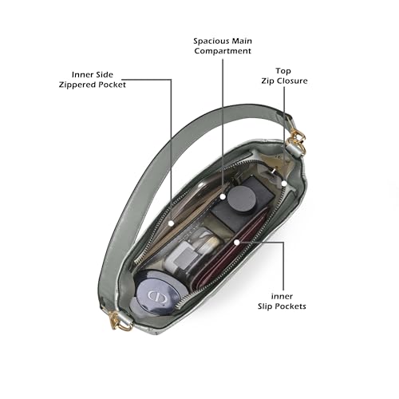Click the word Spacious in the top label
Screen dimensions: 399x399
point(211,41)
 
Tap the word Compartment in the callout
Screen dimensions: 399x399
point(223,51)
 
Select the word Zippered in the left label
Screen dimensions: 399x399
point(77,85)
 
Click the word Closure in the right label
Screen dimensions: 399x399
point(292,81)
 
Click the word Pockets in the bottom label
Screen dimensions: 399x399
point(290,306)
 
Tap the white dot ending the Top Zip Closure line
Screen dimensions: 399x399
point(284,184)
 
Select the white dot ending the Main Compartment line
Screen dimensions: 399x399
point(223,197)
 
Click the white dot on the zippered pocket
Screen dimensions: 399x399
point(172,223)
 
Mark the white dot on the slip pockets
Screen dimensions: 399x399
point(236,242)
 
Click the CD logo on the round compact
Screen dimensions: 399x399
point(157,296)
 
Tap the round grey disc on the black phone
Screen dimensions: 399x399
point(242,198)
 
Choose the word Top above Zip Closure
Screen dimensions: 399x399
point(283,71)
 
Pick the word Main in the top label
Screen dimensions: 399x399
point(242,41)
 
